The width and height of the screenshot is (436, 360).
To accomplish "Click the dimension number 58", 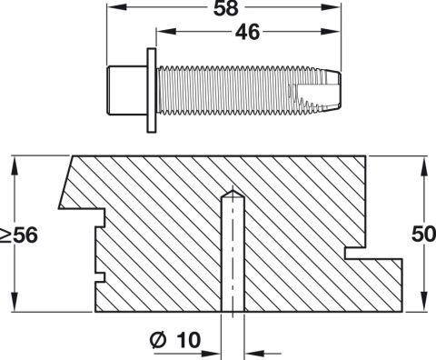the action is tap(226, 8).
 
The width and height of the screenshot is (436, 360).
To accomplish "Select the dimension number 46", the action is tap(247, 33).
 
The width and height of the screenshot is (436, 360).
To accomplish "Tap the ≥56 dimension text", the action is tap(19, 235).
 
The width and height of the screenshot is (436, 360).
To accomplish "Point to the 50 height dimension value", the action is tap(423, 235).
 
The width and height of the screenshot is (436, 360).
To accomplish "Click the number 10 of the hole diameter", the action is tap(188, 340).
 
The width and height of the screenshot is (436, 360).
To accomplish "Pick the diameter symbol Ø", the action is tap(158, 340).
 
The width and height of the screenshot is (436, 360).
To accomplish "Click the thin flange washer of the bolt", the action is tap(152, 90).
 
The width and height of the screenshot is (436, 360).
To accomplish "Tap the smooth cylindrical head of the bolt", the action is tap(127, 90).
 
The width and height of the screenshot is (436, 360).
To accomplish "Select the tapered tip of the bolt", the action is tap(332, 90).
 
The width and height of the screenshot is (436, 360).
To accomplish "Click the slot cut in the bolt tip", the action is tap(315, 92).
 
